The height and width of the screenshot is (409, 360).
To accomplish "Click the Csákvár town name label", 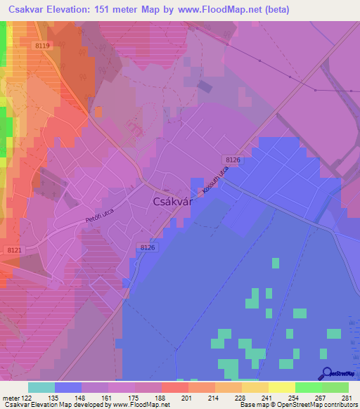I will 171,202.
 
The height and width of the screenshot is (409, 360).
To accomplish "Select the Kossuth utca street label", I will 215,181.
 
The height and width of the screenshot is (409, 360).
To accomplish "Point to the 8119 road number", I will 43,46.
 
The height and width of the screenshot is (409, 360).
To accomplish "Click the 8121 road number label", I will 13,250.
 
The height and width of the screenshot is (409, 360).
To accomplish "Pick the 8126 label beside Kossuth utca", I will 234,161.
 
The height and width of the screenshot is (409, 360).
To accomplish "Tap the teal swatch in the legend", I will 41,387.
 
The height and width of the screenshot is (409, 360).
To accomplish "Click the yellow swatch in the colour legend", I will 281,387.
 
